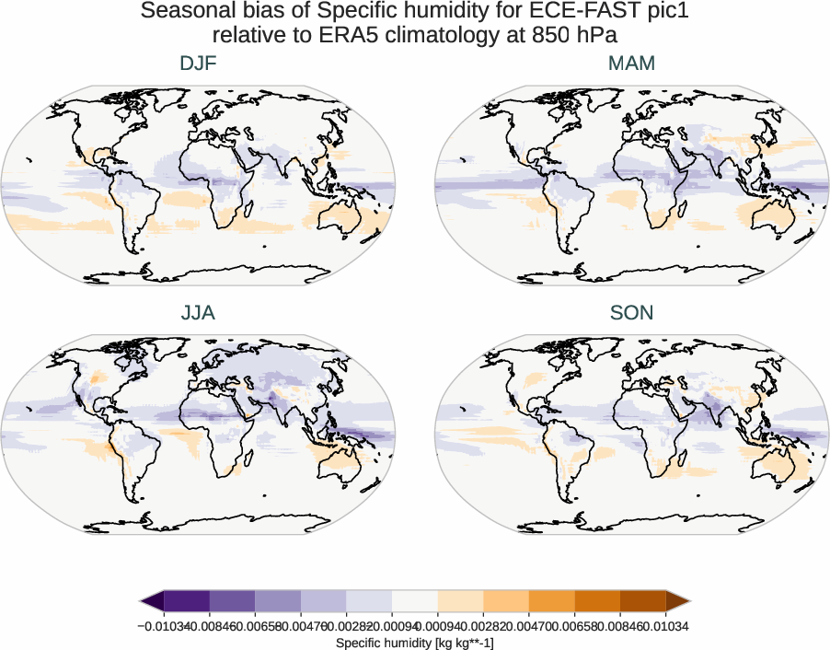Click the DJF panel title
(198, 64)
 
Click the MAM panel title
(631, 64)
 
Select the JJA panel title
(198, 313)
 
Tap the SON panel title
(631, 313)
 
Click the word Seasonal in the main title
(186, 12)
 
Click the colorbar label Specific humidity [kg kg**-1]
(414, 642)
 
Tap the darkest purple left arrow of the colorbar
(153, 602)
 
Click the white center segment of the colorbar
(414, 602)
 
